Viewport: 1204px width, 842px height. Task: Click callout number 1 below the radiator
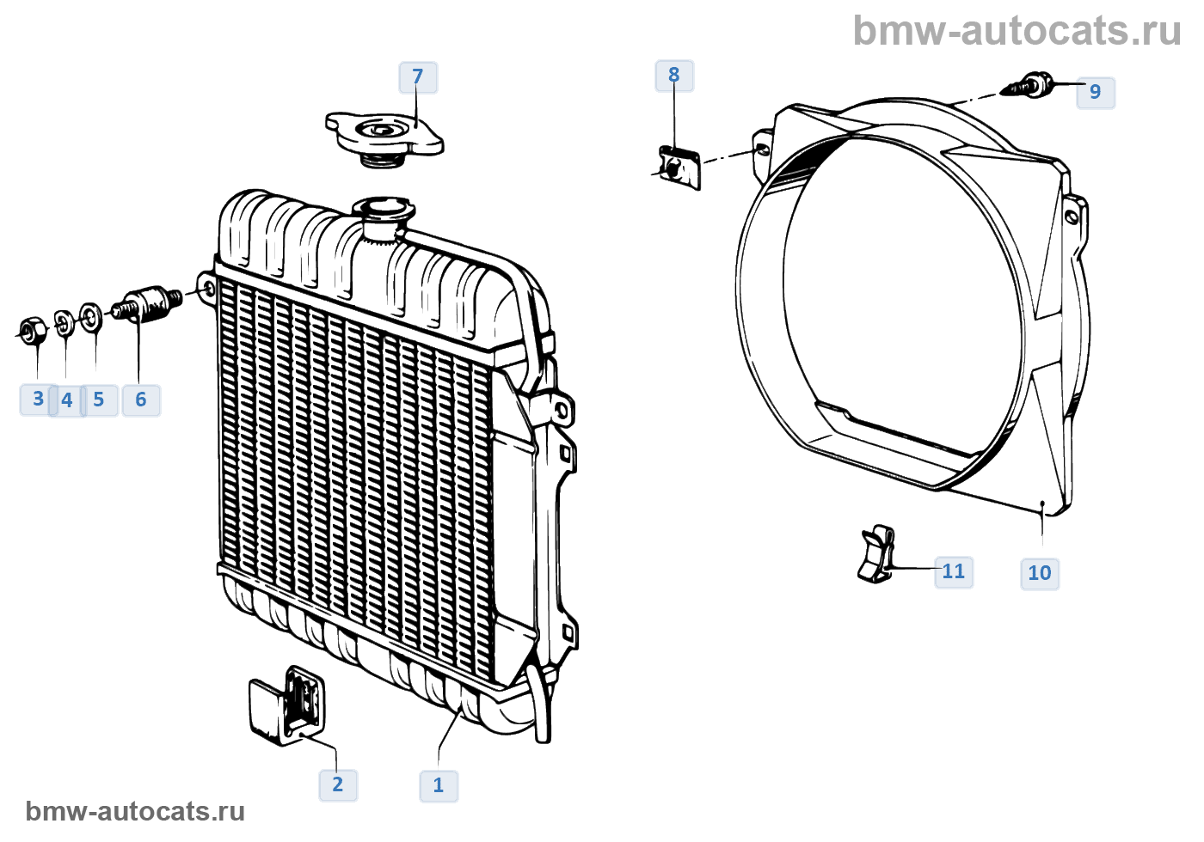(x=439, y=785)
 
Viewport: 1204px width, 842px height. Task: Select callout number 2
(x=338, y=784)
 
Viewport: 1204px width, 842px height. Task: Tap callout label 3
(x=38, y=400)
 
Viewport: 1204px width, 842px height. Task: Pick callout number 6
(x=141, y=400)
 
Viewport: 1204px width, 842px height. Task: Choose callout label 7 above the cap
(x=418, y=77)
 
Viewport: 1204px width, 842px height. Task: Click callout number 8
(x=674, y=76)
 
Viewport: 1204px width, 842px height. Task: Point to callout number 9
(x=1095, y=92)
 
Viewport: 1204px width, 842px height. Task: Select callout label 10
(x=1040, y=573)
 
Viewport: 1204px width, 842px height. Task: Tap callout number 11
(x=954, y=571)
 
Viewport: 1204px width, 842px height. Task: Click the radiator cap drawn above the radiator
(x=384, y=136)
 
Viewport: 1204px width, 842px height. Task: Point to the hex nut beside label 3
(x=33, y=330)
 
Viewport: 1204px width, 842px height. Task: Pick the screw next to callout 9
(x=1029, y=87)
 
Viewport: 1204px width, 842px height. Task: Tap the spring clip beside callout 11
(x=876, y=554)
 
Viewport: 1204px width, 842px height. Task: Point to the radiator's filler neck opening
(x=383, y=208)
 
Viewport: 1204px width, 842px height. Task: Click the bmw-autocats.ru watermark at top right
(x=1017, y=31)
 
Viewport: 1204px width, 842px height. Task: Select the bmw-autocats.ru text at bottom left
(x=135, y=811)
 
